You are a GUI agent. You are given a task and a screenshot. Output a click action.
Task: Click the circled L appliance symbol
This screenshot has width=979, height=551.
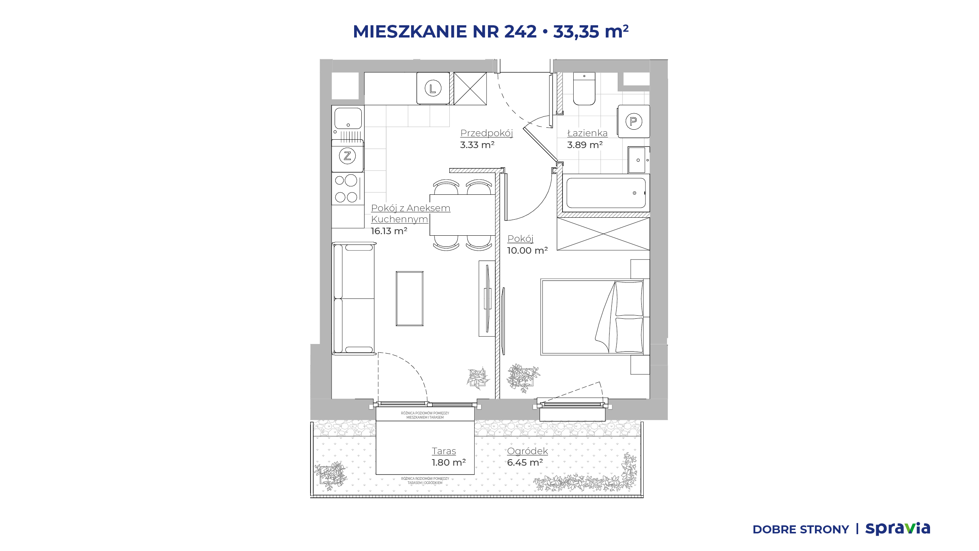433,88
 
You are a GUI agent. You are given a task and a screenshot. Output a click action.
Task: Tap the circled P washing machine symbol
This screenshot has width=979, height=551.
634,121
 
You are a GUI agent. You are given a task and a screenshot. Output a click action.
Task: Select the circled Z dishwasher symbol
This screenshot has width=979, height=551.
347,156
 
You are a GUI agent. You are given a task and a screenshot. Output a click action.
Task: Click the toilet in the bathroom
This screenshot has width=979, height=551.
584,88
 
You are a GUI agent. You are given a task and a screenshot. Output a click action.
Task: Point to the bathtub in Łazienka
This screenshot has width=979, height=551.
606,193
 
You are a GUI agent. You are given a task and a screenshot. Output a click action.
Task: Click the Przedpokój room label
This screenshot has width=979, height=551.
486,133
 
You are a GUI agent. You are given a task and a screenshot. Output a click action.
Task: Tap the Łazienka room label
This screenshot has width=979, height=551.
587,133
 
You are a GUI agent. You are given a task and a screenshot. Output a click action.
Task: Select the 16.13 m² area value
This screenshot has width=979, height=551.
389,231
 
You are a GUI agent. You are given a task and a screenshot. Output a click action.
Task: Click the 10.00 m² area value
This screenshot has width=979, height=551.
527,251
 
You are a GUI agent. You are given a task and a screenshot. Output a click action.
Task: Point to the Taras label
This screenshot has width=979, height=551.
444,451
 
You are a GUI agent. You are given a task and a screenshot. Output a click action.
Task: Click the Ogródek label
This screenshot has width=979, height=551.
527,451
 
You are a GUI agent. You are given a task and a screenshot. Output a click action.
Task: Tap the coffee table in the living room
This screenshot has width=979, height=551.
410,298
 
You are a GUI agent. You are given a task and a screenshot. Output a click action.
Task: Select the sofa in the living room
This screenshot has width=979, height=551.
354,298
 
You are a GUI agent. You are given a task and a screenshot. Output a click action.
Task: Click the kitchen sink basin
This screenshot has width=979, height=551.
348,118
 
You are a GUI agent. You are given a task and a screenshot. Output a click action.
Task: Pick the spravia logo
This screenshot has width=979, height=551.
898,529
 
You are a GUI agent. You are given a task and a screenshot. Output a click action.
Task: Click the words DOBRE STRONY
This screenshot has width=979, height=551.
800,530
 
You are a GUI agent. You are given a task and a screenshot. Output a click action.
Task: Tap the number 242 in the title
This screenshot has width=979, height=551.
520,31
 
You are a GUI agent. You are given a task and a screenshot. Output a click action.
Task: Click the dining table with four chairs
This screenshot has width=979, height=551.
462,215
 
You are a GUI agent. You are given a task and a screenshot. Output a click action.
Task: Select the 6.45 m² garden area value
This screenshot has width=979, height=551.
525,463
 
